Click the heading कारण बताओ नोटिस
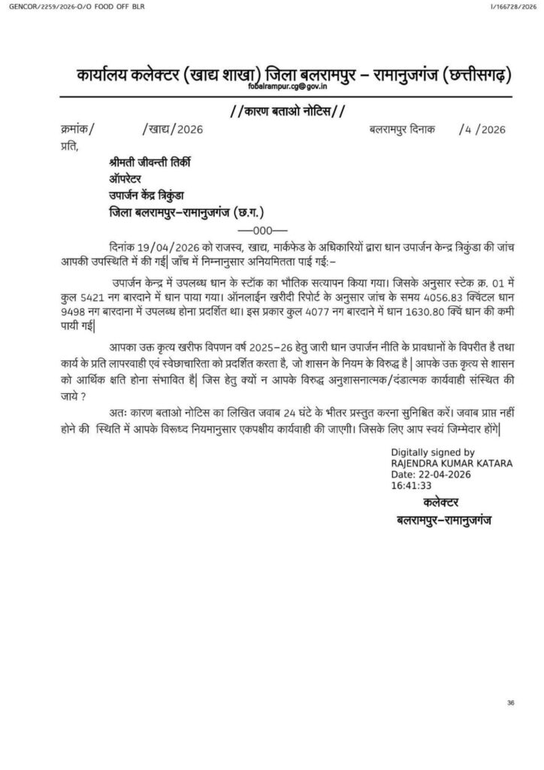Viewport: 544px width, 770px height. click(287, 113)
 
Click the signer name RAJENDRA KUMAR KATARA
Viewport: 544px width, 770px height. click(452, 464)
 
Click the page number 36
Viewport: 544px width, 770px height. click(510, 702)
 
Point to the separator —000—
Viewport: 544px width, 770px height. click(257, 229)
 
